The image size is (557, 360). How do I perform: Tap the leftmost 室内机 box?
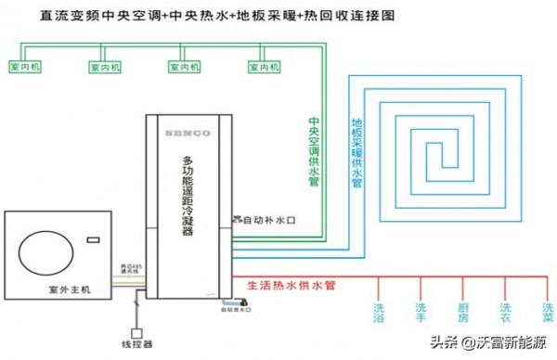click(25, 68)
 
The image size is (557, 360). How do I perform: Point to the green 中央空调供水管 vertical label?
click(314, 154)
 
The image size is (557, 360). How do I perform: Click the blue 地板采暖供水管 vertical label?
click(356, 154)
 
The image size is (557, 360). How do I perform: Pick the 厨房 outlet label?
click(462, 314)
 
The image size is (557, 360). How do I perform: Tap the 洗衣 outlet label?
click(504, 314)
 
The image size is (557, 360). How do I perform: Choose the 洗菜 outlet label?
click(546, 314)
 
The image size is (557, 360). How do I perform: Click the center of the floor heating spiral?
click(448, 153)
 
